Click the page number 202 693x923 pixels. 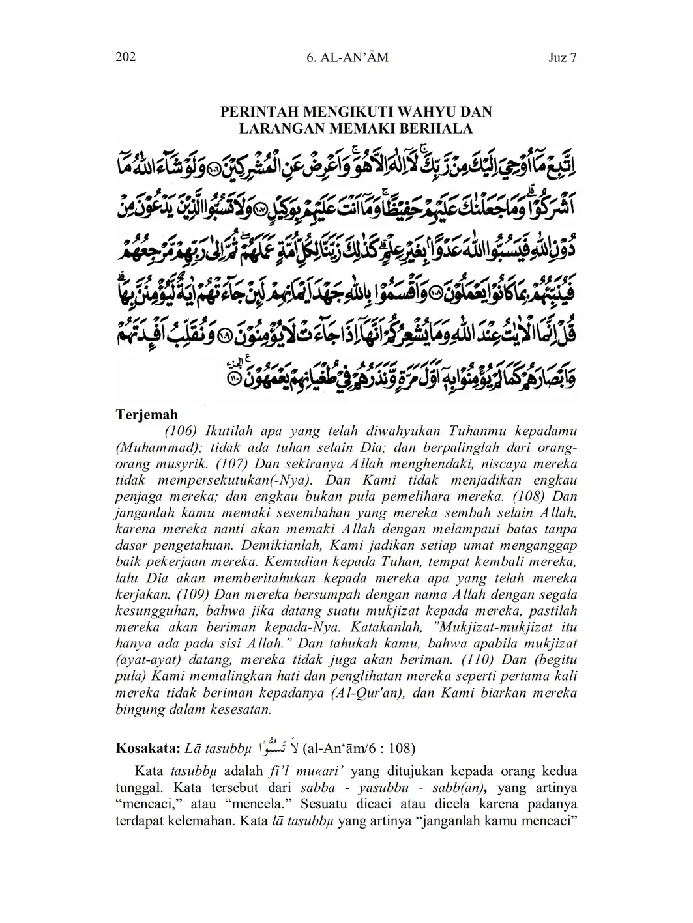[x=125, y=57]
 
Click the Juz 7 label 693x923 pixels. [x=563, y=57]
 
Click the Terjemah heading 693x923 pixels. [x=147, y=414]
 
